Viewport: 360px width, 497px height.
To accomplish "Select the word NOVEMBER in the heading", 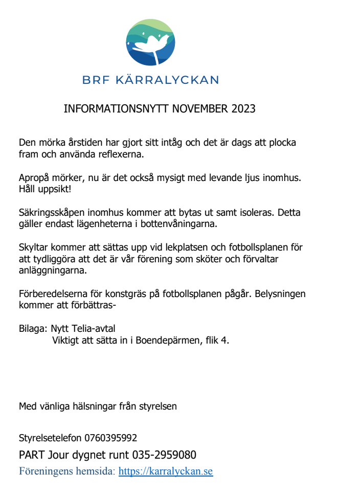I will pyautogui.click(x=200, y=109).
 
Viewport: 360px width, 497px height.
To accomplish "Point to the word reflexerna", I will pyautogui.click(x=123, y=153).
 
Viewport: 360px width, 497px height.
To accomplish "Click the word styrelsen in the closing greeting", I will pyautogui.click(x=159, y=406).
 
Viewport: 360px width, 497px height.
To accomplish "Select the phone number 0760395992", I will pyautogui.click(x=111, y=438).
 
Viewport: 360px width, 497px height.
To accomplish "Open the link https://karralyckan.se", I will pyautogui.click(x=166, y=471).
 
